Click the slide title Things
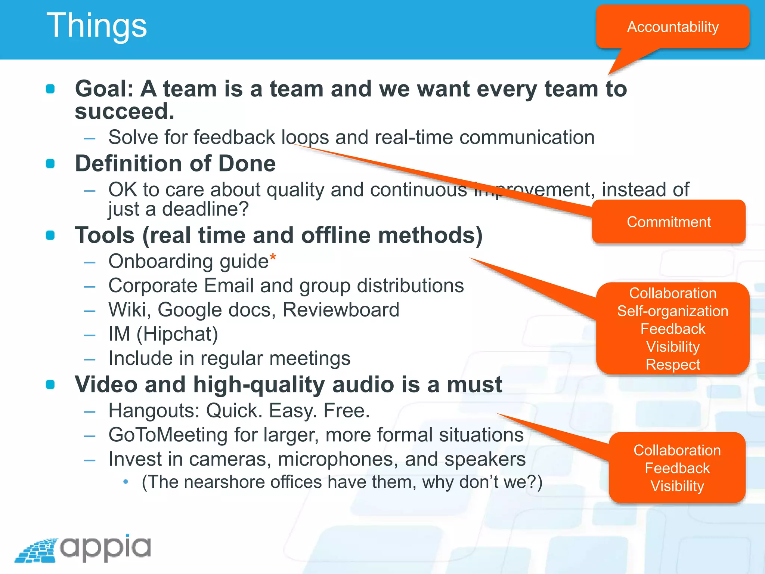96,25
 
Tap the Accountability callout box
672,27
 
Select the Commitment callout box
669,222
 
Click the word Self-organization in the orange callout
672,311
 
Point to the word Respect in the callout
673,364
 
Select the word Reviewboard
341,310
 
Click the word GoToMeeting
168,435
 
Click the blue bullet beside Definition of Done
50,164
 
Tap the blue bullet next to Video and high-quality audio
50,385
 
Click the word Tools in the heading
105,235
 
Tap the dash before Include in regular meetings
90,359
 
